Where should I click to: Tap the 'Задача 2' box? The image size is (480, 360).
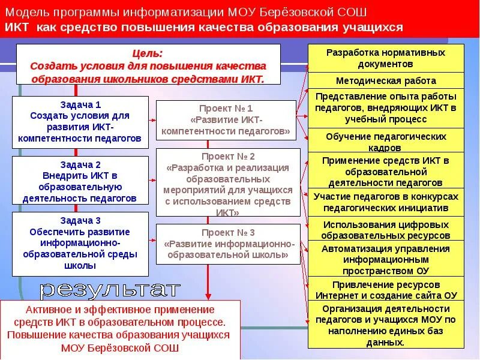coord(80,181)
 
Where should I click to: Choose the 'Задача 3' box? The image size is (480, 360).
coord(80,243)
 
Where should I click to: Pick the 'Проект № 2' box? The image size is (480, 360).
coord(228,182)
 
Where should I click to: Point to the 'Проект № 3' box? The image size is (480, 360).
coord(228,244)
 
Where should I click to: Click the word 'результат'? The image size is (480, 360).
coord(110,290)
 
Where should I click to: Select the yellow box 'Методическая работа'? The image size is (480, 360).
coord(386,80)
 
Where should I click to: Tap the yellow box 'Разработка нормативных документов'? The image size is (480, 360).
coord(386,58)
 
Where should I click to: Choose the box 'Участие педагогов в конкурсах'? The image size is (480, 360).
coord(386,202)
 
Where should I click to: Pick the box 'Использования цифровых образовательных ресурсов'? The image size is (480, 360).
coord(386,229)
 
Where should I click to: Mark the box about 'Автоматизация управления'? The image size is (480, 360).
coord(386,259)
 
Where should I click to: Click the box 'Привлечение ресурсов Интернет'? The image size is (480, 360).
coord(386,290)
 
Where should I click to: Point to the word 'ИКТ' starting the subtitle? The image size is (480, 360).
coord(16,28)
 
